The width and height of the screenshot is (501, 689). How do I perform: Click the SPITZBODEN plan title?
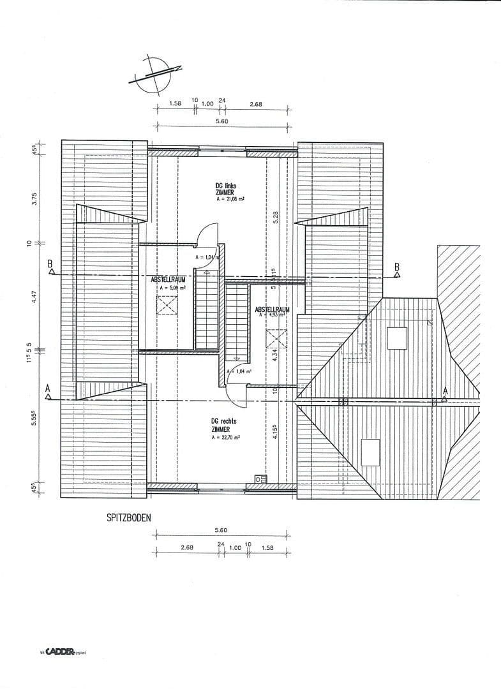click(129, 517)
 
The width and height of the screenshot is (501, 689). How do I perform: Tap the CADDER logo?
click(61, 652)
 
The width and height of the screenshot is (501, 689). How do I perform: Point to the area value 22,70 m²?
click(226, 437)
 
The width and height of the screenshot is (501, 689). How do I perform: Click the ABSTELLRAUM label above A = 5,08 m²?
click(168, 279)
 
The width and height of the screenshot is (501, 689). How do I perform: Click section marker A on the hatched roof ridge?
click(445, 391)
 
